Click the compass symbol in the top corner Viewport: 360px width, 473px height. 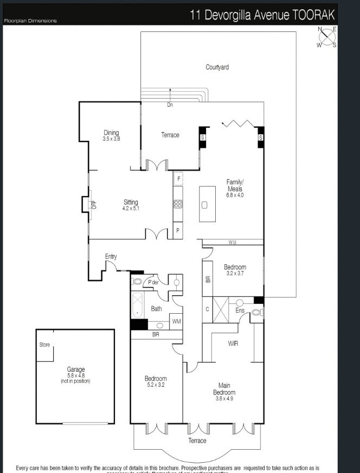tap(327, 37)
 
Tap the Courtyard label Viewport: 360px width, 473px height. tap(217, 67)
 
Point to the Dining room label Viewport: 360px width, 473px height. tap(111, 133)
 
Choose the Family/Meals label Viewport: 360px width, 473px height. tap(235, 185)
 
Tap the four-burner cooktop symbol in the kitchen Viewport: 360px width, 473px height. tap(178, 204)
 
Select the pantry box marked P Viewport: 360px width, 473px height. tap(178, 230)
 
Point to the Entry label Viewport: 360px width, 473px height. tap(111, 256)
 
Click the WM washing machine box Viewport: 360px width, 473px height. tap(176, 322)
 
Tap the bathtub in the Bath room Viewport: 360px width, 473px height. tap(137, 306)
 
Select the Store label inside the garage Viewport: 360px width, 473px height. tap(44, 345)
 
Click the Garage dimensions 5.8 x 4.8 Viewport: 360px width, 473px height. tap(75, 375)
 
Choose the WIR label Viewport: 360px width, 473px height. tap(233, 344)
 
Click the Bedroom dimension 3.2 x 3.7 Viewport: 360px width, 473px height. tap(235, 274)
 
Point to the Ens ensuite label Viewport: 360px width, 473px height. tap(240, 310)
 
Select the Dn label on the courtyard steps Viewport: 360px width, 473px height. tap(170, 105)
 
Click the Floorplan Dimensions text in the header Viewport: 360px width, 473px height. tap(30, 21)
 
